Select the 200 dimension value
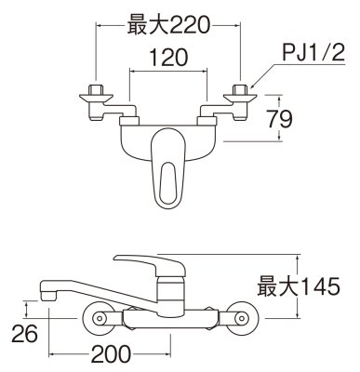(x=112, y=354)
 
